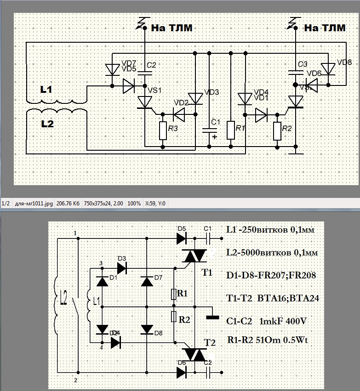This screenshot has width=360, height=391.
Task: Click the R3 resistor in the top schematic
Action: click(x=163, y=130)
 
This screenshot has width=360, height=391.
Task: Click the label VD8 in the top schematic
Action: click(x=344, y=62)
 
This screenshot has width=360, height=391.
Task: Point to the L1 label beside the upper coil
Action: click(x=46, y=90)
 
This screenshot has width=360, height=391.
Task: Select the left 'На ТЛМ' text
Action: click(x=171, y=28)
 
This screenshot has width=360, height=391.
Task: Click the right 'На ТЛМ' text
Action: click(x=325, y=28)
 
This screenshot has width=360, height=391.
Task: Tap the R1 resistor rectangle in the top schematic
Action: click(x=231, y=130)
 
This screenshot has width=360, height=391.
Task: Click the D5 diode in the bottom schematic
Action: click(x=181, y=238)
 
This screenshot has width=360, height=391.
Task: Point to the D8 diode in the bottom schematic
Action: click(x=147, y=329)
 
